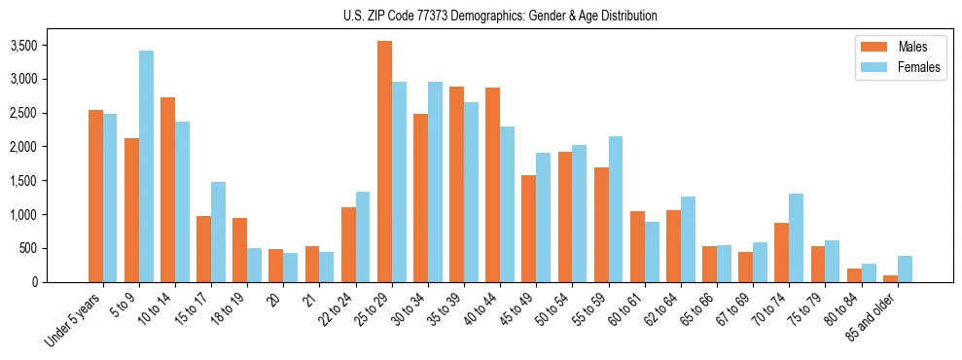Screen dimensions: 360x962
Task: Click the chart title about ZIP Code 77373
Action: point(500,16)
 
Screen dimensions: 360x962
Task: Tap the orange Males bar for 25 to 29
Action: point(384,162)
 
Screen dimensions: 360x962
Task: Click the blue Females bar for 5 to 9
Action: point(146,166)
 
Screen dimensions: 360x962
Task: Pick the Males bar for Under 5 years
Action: point(95,196)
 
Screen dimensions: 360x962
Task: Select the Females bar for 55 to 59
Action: point(616,209)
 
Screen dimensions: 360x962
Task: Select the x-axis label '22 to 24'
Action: point(337,312)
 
